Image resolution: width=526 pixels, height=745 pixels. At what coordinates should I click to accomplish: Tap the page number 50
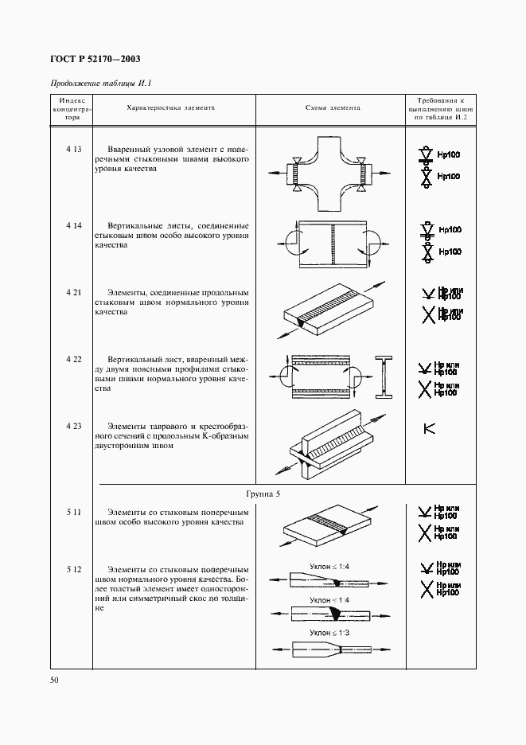(x=55, y=680)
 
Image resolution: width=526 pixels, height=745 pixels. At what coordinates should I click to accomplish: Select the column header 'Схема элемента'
(x=333, y=107)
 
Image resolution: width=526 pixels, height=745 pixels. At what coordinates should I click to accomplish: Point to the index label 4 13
(x=74, y=150)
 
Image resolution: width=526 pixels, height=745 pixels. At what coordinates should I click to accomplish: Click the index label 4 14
(x=74, y=226)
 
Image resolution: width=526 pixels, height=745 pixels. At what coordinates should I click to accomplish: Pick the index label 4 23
(x=74, y=427)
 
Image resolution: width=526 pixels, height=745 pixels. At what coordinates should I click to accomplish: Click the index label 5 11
(x=74, y=512)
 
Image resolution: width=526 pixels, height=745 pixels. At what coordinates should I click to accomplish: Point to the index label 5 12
(x=74, y=570)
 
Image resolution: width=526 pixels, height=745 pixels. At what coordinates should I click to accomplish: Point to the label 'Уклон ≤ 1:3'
(x=329, y=634)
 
